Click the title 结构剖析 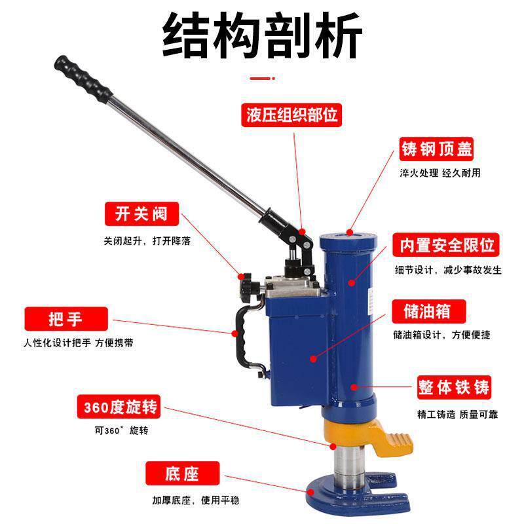(263, 36)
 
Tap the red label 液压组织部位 (291, 115)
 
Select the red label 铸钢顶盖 (436, 149)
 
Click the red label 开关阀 (141, 214)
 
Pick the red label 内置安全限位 (446, 245)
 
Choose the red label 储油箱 (429, 312)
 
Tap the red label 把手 (66, 319)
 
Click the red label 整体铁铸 (454, 387)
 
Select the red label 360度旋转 (119, 407)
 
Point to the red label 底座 (183, 473)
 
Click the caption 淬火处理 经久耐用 (440, 173)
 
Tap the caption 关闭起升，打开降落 (147, 240)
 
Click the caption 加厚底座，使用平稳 (196, 500)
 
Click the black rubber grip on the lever (83, 79)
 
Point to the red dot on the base (310, 493)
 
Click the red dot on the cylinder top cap (350, 233)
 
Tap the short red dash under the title (263, 79)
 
